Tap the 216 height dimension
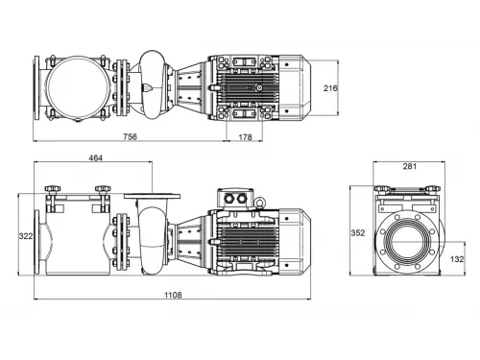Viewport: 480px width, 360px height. click(329, 87)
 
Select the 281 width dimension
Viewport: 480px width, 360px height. click(409, 166)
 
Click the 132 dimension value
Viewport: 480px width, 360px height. click(457, 259)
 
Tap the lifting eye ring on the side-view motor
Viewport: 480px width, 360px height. click(257, 202)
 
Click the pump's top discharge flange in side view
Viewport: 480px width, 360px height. click(151, 197)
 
